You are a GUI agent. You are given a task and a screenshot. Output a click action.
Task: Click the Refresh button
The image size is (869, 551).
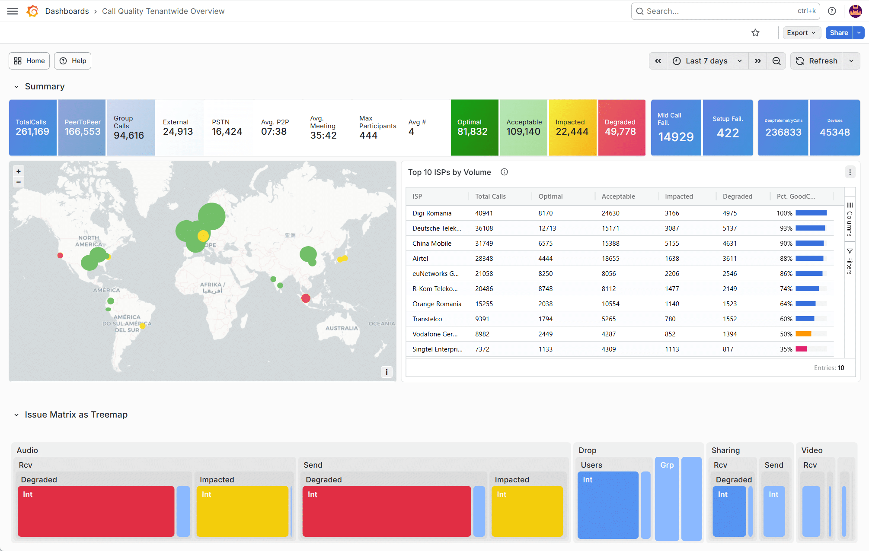point(817,61)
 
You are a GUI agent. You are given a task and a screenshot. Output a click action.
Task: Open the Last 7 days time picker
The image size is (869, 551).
point(706,61)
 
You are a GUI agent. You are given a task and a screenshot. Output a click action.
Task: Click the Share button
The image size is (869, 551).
point(839,33)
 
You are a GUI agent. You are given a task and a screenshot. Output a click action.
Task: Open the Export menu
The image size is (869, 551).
point(802,33)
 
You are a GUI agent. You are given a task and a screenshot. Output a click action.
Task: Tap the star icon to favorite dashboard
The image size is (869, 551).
point(755,33)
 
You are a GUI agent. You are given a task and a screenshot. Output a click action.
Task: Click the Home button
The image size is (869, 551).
point(29,61)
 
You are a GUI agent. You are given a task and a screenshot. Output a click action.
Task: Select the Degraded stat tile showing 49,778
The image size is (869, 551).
point(622,127)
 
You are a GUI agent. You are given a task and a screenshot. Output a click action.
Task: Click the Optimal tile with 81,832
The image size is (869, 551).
point(474,127)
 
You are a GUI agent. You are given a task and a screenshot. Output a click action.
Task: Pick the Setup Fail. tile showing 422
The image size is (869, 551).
point(728,127)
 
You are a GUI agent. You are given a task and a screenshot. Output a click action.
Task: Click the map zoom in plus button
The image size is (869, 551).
point(19,171)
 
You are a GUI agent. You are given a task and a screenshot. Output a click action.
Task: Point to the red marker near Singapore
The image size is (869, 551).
point(306,298)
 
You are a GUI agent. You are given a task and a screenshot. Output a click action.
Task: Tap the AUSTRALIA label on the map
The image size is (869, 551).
point(342,328)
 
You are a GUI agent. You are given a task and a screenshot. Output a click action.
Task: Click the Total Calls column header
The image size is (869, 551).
point(490,196)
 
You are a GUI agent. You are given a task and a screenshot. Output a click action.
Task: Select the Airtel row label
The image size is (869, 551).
point(420,259)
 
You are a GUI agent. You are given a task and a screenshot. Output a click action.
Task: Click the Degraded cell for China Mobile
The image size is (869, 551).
point(729,244)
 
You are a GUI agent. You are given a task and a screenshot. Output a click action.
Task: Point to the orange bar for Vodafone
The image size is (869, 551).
point(803,334)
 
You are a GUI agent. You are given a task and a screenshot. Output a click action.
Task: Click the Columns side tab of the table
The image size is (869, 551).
point(850,219)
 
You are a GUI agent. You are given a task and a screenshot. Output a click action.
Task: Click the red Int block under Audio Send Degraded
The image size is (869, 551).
point(387,511)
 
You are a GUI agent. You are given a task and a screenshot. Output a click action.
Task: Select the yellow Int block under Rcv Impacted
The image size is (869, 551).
point(243,511)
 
